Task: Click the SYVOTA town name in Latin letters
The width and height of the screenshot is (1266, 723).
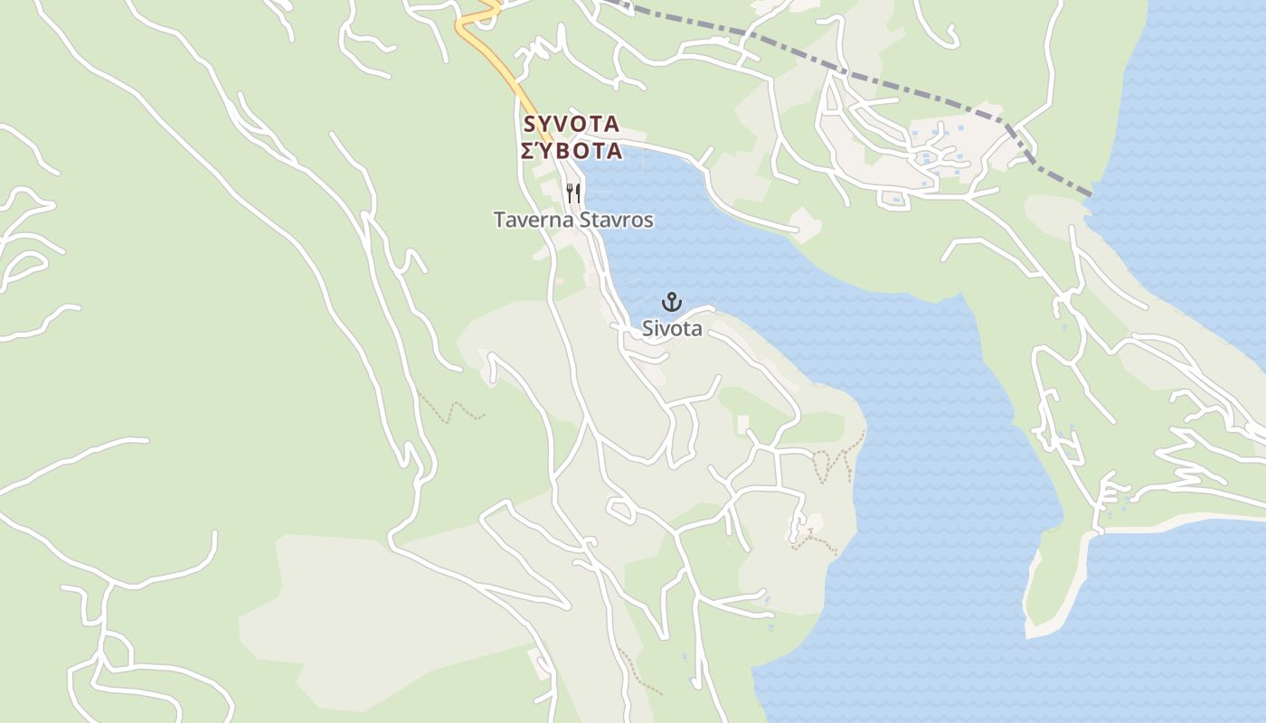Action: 571,125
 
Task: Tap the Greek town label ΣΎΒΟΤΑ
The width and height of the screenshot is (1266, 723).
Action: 572,151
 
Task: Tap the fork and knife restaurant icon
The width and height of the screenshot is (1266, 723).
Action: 572,192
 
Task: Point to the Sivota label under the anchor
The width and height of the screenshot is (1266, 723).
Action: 672,329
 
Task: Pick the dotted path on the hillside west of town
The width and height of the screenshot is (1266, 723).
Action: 452,408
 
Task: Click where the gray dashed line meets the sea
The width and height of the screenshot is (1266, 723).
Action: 1091,193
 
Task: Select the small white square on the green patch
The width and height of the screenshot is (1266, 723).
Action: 743,424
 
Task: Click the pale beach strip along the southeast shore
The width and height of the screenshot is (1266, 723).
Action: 1176,523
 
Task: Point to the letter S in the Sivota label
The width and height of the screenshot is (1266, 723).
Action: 647,329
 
